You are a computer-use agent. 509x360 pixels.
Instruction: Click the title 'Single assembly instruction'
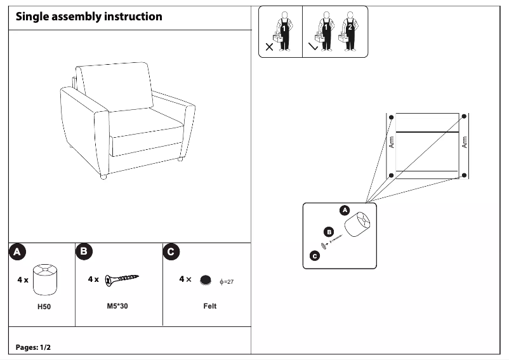(89, 17)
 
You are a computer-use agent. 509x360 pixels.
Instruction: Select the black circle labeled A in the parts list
(18, 252)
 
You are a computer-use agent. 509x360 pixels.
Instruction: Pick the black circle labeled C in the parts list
(171, 252)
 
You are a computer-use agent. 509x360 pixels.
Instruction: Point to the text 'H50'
(43, 306)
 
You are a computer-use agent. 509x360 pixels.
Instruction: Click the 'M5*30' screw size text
(118, 306)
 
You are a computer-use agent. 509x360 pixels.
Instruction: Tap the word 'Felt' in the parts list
(209, 306)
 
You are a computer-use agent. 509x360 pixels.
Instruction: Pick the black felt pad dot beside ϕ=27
(205, 279)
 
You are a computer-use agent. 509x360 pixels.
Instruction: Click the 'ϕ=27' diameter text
(227, 281)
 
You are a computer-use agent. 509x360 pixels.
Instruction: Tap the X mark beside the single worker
(269, 46)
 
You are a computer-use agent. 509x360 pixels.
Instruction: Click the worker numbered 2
(348, 32)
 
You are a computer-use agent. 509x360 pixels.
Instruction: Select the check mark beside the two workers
(312, 46)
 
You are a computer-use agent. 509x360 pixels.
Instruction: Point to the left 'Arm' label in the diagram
(391, 142)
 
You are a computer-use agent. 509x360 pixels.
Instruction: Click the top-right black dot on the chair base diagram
(464, 117)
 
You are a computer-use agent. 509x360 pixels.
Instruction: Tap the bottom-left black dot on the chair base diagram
(392, 175)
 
